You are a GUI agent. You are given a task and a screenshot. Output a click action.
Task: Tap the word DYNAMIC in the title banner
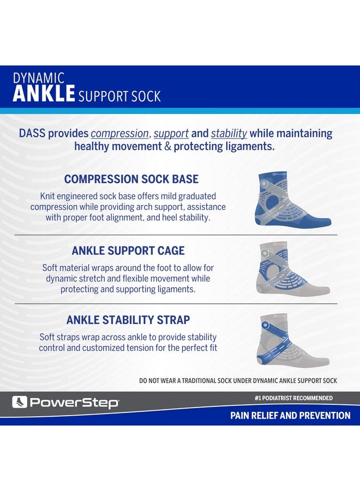click(39, 78)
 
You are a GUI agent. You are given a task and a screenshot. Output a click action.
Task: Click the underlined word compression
click(119, 134)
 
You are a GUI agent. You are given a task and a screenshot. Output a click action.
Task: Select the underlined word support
click(171, 134)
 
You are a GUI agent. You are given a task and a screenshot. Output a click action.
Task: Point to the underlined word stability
click(229, 134)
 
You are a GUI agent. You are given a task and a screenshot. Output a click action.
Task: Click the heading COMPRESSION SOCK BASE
click(131, 179)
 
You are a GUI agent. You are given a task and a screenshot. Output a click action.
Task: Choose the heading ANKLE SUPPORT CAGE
click(128, 250)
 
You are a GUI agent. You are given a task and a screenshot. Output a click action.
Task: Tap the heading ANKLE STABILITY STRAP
click(128, 320)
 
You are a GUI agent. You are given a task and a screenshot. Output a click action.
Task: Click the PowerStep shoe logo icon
click(20, 403)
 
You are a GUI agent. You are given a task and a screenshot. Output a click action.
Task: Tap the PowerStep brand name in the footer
click(74, 403)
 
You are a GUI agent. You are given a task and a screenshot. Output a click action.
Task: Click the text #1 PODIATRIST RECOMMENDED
click(293, 398)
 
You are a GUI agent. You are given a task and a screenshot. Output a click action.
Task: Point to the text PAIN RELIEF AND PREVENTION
click(290, 416)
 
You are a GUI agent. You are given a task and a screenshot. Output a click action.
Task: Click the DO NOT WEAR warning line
click(238, 380)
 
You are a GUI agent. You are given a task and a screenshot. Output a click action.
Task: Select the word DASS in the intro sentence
click(32, 134)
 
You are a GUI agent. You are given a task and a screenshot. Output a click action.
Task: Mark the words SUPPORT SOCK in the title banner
click(119, 97)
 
